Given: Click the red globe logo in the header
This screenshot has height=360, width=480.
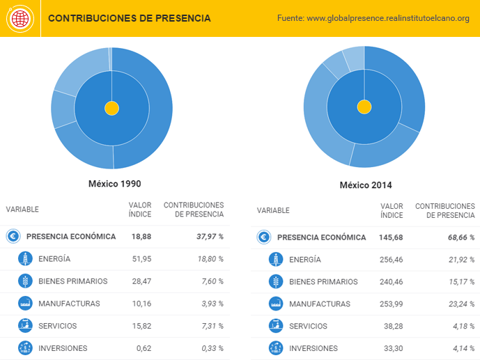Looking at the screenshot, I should click(20, 18).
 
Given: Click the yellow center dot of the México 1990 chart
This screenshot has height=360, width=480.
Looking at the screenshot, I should click(111, 108).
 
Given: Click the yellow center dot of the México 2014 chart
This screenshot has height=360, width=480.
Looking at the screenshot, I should click(364, 107).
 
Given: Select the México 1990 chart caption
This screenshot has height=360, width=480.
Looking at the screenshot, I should click(114, 184).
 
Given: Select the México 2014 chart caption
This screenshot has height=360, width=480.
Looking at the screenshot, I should click(366, 185).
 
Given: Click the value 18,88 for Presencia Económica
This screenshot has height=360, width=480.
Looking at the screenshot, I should click(141, 237).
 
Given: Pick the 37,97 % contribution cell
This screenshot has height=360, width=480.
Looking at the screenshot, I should click(210, 237).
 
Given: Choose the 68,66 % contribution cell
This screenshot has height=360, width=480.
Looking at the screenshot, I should click(461, 237).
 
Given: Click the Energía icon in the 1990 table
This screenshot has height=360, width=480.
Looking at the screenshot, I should click(26, 259).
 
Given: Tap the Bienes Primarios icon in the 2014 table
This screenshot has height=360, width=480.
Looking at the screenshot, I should click(277, 282).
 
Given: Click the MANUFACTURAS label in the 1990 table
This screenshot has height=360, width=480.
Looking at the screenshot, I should click(69, 304).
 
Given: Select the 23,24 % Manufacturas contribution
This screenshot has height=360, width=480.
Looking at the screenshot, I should click(460, 304).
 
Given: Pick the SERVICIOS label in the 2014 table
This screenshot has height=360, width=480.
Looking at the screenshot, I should click(309, 327).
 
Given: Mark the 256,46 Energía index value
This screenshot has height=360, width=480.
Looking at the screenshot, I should click(389, 260).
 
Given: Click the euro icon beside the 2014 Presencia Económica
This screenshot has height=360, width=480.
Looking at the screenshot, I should click(264, 237).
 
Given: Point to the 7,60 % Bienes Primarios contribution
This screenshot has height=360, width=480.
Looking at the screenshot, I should click(210, 281).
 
